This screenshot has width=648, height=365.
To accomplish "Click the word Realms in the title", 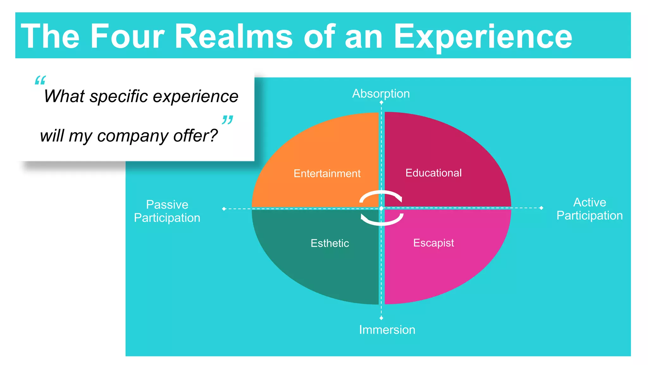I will click(x=234, y=36).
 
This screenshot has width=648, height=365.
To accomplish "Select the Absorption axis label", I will click(x=381, y=93).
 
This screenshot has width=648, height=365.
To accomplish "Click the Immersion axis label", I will click(x=387, y=330).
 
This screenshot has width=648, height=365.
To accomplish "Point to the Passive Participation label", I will click(x=167, y=211).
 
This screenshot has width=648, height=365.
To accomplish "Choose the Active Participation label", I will click(x=589, y=209).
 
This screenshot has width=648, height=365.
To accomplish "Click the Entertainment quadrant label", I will click(x=327, y=173).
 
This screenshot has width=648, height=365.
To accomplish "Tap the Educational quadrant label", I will click(x=433, y=173).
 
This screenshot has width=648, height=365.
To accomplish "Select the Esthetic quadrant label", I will click(x=330, y=243).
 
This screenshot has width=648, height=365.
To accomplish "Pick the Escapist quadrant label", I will click(x=433, y=243).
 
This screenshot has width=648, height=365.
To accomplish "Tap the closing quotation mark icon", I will click(x=227, y=120).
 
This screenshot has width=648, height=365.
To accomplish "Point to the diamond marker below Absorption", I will click(x=381, y=102).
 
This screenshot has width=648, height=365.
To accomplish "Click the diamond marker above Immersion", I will click(x=381, y=318).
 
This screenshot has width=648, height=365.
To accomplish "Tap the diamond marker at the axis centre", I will click(x=381, y=208).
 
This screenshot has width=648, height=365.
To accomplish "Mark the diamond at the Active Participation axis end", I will click(x=541, y=208).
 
